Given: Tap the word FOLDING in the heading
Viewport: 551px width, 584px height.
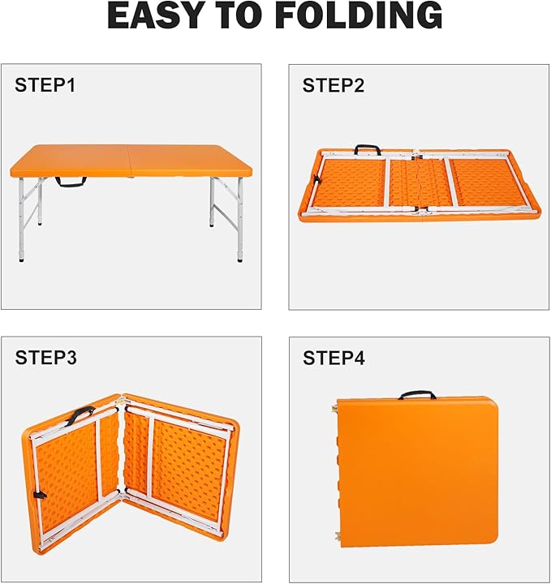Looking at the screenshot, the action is pyautogui.click(x=359, y=15).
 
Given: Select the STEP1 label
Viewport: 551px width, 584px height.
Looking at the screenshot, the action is pyautogui.click(x=45, y=85).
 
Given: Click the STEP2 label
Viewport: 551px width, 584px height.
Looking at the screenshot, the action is pyautogui.click(x=334, y=85).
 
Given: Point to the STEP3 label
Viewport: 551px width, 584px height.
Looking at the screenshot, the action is pyautogui.click(x=45, y=357).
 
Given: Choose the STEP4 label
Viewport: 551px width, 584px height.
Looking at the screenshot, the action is pyautogui.click(x=334, y=358).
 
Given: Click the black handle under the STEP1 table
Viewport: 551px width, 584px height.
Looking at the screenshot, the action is pyautogui.click(x=71, y=182).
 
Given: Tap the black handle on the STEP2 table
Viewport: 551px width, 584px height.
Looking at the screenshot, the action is pyautogui.click(x=368, y=149).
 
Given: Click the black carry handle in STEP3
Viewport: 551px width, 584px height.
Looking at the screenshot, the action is pyautogui.click(x=79, y=414).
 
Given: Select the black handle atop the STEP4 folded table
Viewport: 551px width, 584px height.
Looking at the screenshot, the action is pyautogui.click(x=417, y=395).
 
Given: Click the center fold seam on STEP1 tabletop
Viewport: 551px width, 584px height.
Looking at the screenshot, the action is pyautogui.click(x=128, y=160).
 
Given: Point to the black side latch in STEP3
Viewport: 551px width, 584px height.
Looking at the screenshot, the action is pyautogui.click(x=39, y=495).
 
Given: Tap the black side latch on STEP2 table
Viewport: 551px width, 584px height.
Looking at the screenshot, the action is pyautogui.click(x=316, y=180).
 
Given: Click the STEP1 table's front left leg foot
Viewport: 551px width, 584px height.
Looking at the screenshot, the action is pyautogui.click(x=22, y=259).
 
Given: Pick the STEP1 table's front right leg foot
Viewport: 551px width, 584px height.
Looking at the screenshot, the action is pyautogui.click(x=240, y=259).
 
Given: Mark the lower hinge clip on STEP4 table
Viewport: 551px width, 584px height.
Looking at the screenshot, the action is pyautogui.click(x=338, y=535).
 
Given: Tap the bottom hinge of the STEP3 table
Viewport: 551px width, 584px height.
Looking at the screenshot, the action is pyautogui.click(x=121, y=494).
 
